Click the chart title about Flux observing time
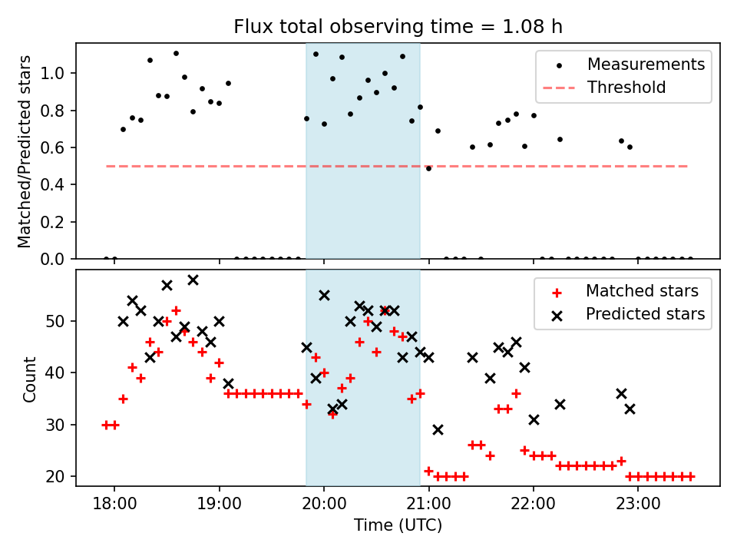[398, 27]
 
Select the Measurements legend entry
[646, 65]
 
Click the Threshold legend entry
[626, 88]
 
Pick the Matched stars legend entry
[642, 291]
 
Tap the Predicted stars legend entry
[645, 313]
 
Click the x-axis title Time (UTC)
[398, 525]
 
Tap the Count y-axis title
[30, 377]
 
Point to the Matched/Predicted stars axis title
[25, 151]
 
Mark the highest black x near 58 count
[193, 280]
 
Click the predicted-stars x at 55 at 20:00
[324, 295]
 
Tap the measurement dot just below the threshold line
[428, 168]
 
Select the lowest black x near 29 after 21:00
[438, 429]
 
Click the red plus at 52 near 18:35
[176, 310]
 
